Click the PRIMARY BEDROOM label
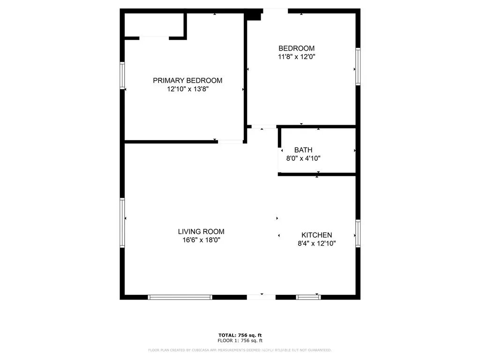(x=187, y=81)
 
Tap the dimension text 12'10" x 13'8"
(x=187, y=89)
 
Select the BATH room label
(x=303, y=150)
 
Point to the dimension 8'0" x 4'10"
(x=303, y=158)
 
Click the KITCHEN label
(x=316, y=235)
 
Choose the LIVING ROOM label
(x=201, y=232)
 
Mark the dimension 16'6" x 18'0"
(x=201, y=240)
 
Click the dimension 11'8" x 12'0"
(x=296, y=57)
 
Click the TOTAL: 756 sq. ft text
(x=240, y=335)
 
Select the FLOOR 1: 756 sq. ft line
(x=240, y=341)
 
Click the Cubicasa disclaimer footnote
(x=240, y=350)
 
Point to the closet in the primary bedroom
(x=154, y=24)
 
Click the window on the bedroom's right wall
(x=358, y=66)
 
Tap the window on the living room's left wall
(x=122, y=223)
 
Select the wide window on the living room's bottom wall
(x=180, y=297)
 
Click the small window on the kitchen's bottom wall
(x=308, y=297)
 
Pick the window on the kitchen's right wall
(x=358, y=233)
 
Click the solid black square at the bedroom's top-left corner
(x=254, y=15)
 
